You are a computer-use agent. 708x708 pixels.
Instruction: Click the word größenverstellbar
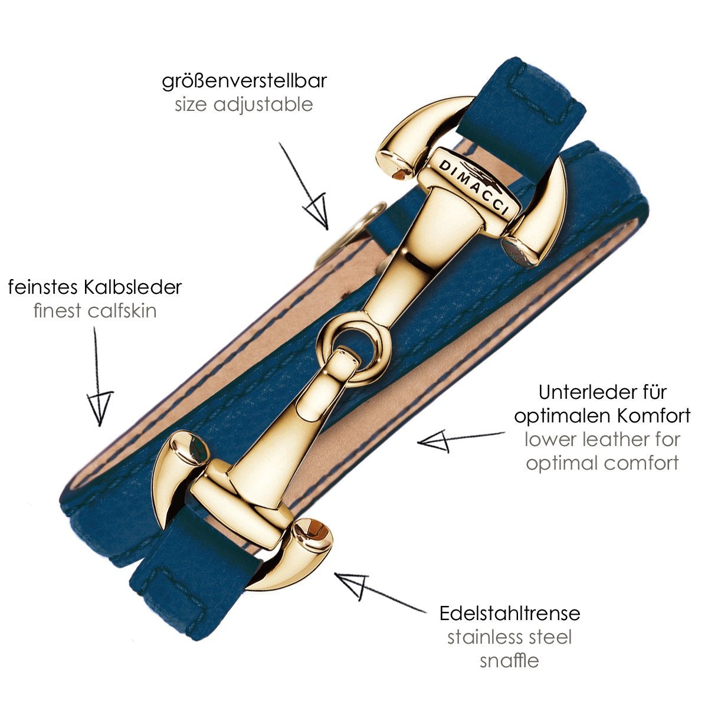(244, 81)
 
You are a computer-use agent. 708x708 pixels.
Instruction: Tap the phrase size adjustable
(244, 104)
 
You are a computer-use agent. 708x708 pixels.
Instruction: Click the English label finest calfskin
(95, 310)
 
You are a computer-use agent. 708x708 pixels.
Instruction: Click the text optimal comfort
(602, 464)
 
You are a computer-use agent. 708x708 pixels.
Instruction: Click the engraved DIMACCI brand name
(474, 186)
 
